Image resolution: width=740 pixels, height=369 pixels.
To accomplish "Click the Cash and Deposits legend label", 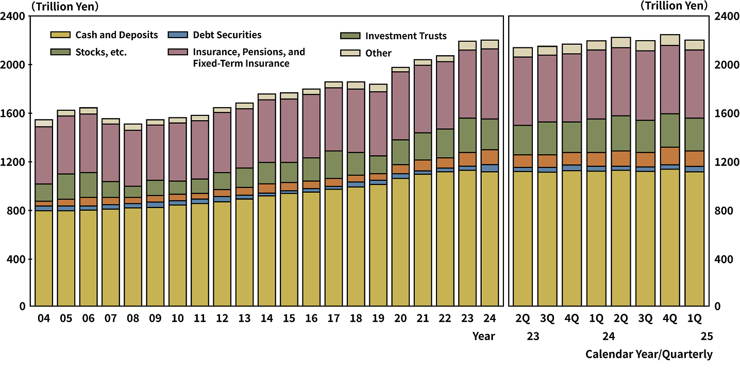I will pos(116,35).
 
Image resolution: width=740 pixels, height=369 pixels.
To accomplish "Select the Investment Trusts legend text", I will pos(406,36).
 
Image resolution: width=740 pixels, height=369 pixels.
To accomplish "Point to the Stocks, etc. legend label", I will pos(101,52).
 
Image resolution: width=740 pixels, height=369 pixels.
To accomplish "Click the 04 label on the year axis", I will pos(44,319).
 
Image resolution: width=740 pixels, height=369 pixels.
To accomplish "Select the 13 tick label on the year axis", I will pos(244,319).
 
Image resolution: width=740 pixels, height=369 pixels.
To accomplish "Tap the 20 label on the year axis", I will pos(400,319).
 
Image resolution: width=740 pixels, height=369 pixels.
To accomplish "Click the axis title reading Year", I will pos(484,337).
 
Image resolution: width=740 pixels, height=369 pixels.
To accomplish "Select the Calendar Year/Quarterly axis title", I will pos(649,354).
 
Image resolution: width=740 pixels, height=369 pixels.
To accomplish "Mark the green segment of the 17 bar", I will pos(333,164).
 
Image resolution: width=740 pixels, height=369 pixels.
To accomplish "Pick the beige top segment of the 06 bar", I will pos(88,110).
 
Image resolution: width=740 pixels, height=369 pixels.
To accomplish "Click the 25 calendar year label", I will pos(706,337).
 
